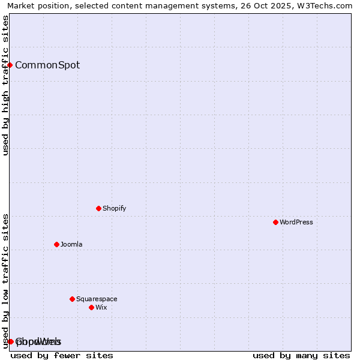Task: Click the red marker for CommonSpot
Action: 10,65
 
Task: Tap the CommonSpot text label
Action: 47,65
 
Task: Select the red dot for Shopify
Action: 98,208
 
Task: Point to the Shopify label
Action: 114,209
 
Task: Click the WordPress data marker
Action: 275,222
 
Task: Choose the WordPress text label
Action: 296,223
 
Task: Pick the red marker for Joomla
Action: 56,244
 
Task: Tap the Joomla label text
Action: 71,245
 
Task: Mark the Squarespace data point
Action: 72,299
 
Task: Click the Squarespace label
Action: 97,299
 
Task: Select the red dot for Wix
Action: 91,307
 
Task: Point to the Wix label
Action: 101,308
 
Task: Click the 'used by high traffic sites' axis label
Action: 5,85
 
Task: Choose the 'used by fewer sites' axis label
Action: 62,355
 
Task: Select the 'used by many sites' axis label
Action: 301,355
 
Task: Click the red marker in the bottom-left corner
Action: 11,341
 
